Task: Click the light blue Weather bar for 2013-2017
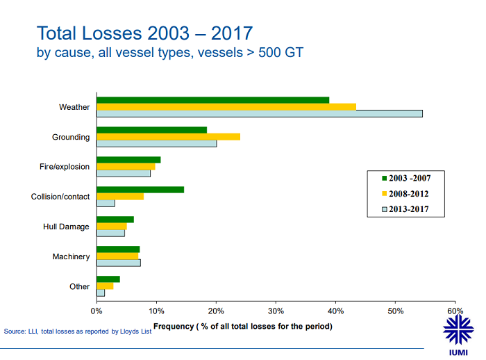click(x=260, y=113)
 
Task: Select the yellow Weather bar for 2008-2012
click(x=226, y=106)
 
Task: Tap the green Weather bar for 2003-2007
click(x=212, y=100)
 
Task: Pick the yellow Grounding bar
click(x=168, y=136)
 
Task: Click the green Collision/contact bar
click(x=140, y=189)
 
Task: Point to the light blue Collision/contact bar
click(x=106, y=203)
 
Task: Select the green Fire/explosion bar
click(x=128, y=160)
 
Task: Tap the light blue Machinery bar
click(x=119, y=263)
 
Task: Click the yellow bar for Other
click(x=105, y=286)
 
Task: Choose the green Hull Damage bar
click(x=115, y=220)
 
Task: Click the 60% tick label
click(x=455, y=310)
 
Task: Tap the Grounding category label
click(x=71, y=137)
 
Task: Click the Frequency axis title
click(x=242, y=326)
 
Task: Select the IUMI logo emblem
click(x=459, y=328)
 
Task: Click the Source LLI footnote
click(x=78, y=331)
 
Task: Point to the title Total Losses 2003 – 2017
click(x=144, y=33)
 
